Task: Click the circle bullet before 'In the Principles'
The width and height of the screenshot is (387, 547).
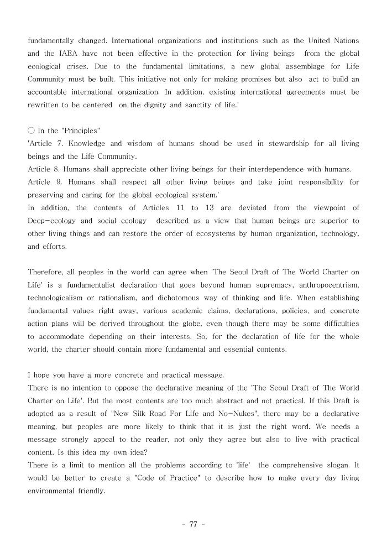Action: point(31,131)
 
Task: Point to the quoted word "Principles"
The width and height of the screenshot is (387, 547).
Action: point(81,131)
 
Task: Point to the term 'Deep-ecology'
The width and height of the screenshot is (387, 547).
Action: point(50,221)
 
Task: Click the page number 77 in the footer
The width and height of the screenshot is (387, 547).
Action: point(193,525)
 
